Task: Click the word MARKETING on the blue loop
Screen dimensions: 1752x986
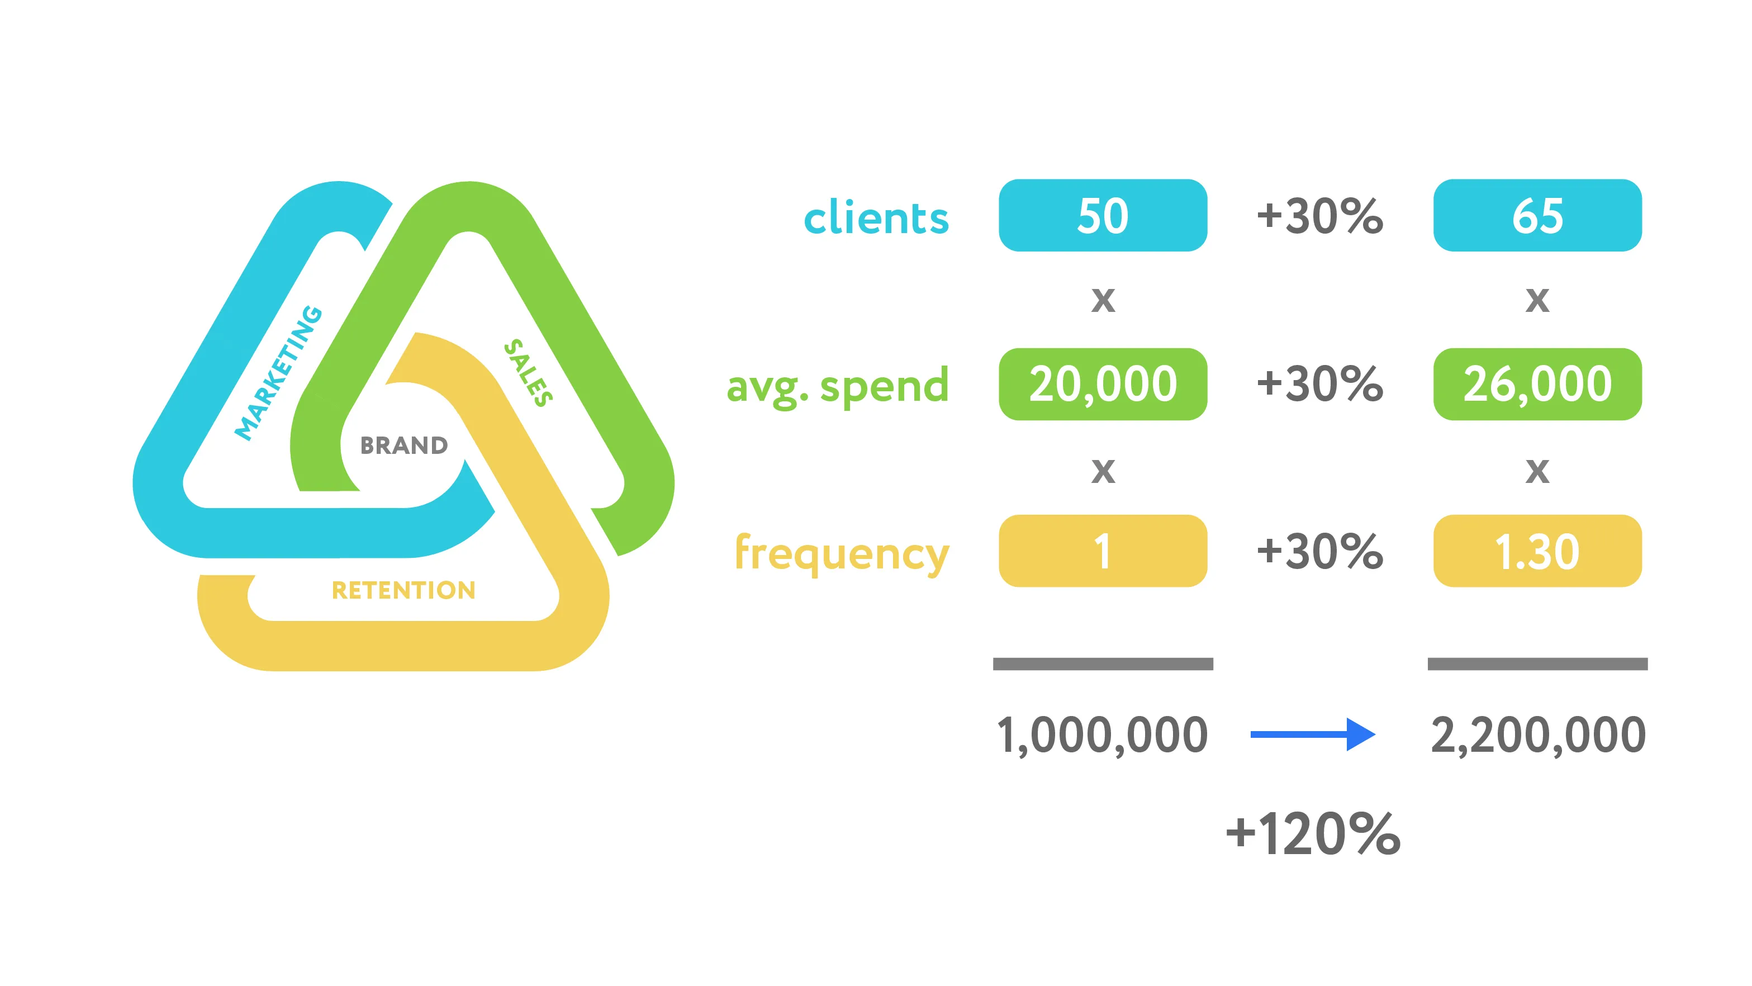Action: coord(278,373)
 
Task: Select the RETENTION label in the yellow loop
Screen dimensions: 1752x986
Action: coord(403,590)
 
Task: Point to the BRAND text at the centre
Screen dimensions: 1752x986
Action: coord(404,445)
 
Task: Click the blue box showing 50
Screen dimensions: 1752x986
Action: coord(1103,215)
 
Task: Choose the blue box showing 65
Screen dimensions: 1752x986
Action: coord(1537,215)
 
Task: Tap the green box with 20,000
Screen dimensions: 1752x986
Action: coord(1103,384)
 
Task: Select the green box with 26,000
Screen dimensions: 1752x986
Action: coord(1537,384)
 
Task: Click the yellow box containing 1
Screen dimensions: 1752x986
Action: coord(1103,551)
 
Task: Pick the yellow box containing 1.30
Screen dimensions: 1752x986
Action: coord(1537,551)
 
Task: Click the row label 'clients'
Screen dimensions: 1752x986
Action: coord(876,218)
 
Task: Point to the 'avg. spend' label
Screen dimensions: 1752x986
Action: coord(837,386)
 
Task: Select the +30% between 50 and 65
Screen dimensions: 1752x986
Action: coord(1319,216)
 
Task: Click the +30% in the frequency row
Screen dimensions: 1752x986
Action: coord(1319,551)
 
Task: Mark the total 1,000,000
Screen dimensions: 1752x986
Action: coord(1102,736)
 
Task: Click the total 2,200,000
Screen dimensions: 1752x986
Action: coord(1539,736)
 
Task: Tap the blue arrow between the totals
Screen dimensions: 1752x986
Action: coord(1313,734)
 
